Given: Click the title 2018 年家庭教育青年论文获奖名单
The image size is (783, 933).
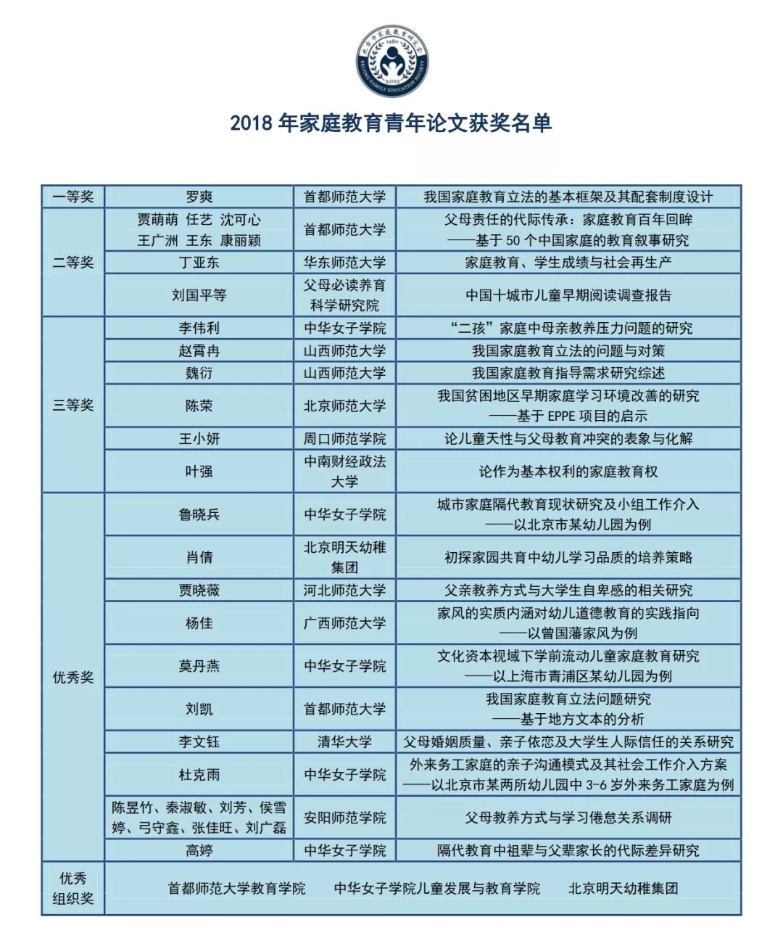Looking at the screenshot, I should click(391, 123).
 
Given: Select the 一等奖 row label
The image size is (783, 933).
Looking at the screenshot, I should click(73, 197).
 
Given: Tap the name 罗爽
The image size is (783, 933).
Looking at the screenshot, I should click(199, 197).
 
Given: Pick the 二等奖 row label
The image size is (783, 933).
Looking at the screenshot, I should click(73, 262).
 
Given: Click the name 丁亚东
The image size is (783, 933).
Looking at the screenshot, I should click(199, 262).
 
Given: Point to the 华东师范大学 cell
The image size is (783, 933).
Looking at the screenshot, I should click(345, 262).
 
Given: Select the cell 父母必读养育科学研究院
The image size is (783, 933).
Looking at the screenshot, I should click(345, 295).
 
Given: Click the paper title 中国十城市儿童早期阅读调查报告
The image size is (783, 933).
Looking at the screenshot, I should click(568, 295).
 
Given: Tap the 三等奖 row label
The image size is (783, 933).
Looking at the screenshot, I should click(73, 406).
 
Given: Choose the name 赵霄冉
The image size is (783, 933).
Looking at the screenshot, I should click(199, 351).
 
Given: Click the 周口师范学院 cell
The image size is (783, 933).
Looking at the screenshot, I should click(345, 439).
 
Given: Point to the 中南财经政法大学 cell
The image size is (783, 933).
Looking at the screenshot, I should click(345, 472).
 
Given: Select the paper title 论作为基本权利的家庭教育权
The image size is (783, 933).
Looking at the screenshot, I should click(568, 472).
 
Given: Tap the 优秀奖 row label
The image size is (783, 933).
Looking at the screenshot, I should click(73, 677).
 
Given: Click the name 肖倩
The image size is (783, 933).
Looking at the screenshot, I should click(199, 557).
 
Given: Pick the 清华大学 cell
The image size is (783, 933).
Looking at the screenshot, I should click(345, 741).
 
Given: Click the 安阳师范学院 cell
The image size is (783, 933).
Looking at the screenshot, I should click(345, 818).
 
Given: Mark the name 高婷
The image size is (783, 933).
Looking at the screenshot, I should click(199, 850).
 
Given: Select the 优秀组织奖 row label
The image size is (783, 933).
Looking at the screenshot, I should click(73, 888).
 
